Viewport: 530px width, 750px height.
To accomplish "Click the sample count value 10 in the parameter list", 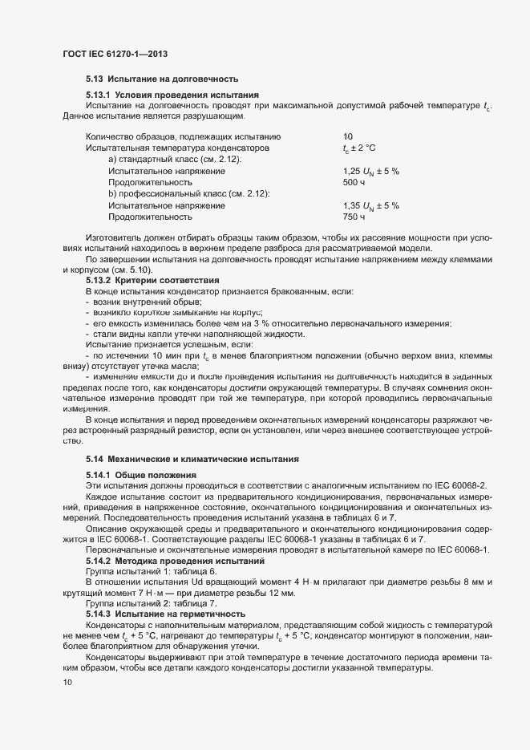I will coord(347,136).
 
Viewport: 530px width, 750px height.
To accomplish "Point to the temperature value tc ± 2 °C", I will coord(358,148).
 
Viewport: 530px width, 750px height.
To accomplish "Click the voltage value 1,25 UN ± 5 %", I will coord(370,172).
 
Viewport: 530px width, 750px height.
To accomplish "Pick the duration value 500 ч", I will coord(354,183).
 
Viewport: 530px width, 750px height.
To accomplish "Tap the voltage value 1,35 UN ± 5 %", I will coord(370,206).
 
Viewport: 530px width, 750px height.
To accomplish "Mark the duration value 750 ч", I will coord(354,217).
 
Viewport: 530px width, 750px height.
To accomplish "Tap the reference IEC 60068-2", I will coord(467,486).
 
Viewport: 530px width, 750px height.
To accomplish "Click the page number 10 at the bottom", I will coord(67,683).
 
